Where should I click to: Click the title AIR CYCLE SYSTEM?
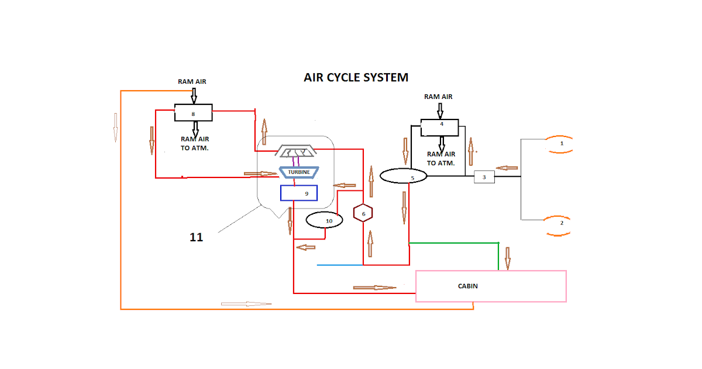[356, 77]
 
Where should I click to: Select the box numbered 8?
[193, 112]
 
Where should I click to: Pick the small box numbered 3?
[484, 177]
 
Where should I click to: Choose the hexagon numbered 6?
[363, 214]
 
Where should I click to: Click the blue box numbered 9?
[298, 193]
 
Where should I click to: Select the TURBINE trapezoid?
[298, 172]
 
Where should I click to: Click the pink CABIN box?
[490, 286]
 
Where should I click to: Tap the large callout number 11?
[196, 237]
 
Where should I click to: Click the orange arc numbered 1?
[559, 144]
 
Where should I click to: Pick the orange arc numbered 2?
[559, 225]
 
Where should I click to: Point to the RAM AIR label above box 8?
[192, 82]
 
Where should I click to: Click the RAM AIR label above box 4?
[438, 97]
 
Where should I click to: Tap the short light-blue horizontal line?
[340, 265]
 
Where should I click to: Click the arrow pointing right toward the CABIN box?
[374, 288]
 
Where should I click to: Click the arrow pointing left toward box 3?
[507, 168]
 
